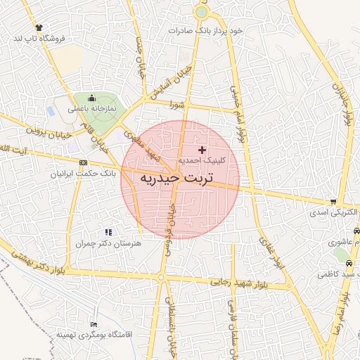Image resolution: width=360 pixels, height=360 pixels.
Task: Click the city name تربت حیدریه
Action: tap(180, 179)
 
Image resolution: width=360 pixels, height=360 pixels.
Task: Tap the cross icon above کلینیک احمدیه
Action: tap(202, 150)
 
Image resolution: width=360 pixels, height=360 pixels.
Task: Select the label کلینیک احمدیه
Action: tap(202, 161)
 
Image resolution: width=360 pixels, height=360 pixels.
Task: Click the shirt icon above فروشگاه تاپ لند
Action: tap(39, 27)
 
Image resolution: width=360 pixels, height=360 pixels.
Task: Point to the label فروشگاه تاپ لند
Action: tap(39, 39)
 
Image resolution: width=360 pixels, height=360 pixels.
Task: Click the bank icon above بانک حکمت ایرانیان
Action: tap(84, 163)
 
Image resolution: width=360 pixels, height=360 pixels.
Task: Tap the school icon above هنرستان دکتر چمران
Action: tap(108, 231)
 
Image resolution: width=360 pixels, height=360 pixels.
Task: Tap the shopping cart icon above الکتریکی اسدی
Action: tap(333, 202)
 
